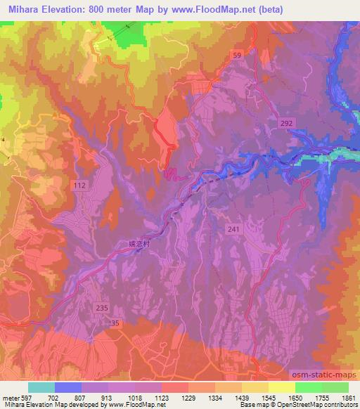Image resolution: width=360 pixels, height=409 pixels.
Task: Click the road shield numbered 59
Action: [238, 55]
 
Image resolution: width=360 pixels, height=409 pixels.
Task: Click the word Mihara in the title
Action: [20, 8]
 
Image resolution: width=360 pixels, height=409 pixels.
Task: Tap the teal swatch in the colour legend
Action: [41, 387]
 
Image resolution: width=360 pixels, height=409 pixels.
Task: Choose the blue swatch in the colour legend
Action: [68, 387]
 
